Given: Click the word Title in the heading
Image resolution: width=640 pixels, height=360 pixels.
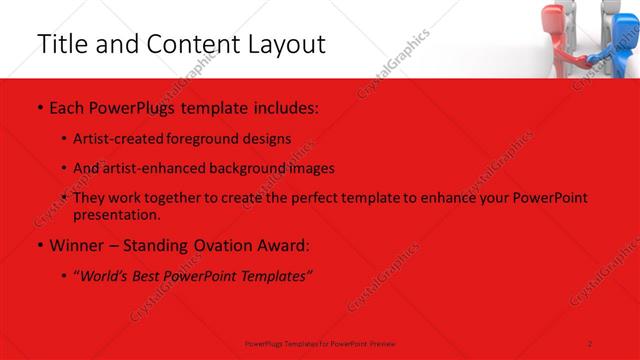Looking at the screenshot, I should (59, 44).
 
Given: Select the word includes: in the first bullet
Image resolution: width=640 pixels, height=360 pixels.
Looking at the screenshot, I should (284, 106).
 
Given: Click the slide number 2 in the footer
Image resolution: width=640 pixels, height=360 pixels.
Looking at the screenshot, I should (590, 344).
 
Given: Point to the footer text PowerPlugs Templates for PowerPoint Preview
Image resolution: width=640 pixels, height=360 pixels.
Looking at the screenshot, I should (320, 344).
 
